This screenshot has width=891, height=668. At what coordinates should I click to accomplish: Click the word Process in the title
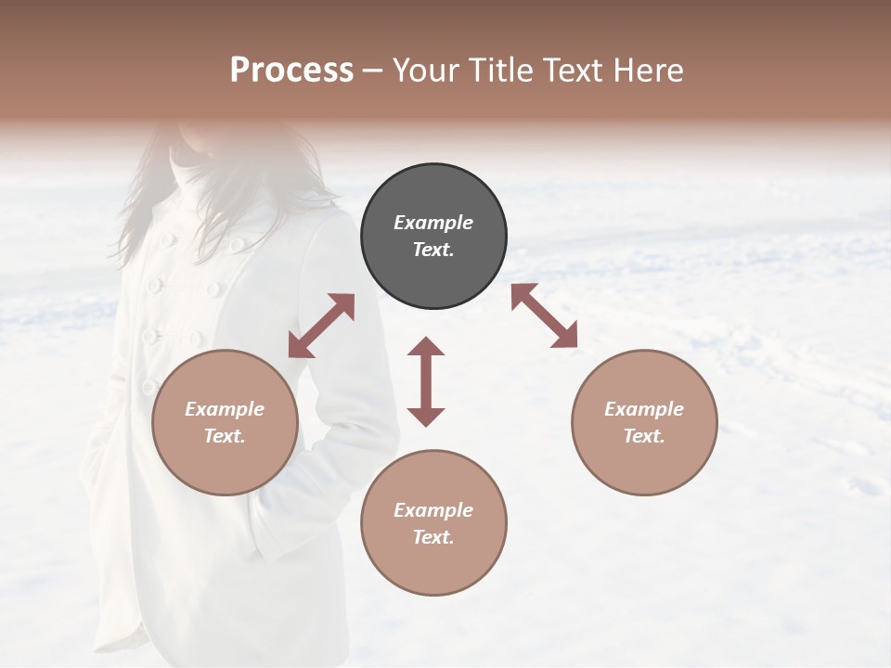tap(291, 71)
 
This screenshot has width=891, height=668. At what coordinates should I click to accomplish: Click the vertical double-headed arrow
tap(426, 381)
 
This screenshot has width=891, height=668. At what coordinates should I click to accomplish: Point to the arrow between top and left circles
tap(321, 326)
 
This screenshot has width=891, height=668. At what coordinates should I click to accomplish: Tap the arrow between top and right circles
tap(544, 315)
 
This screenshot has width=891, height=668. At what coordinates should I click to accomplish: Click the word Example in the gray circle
tap(433, 223)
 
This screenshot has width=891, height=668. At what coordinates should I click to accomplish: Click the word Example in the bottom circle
tap(433, 510)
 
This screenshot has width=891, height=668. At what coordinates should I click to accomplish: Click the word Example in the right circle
tap(644, 409)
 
